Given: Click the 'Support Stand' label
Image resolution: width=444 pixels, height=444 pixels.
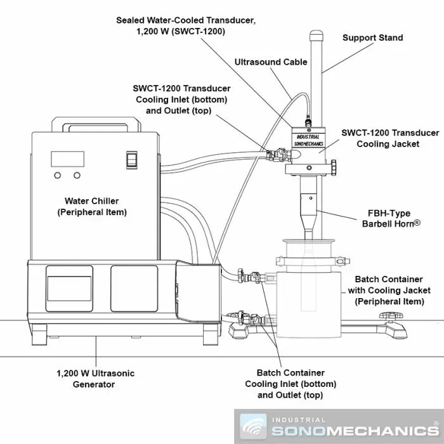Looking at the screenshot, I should point(372,38).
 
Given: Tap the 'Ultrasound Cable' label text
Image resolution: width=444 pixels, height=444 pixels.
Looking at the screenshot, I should point(271,62).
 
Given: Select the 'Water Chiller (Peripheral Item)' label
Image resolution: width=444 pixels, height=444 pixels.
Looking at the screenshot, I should point(96,207).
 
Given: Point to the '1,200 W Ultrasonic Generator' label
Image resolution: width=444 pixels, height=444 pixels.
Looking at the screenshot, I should point(95,379).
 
